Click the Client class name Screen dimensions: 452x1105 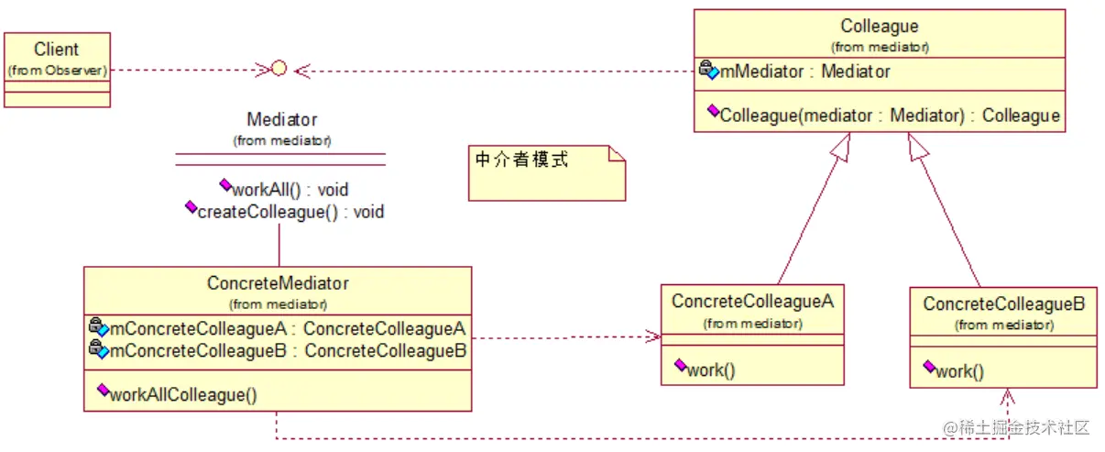pyautogui.click(x=57, y=50)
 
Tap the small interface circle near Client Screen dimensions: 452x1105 pyautogui.click(x=279, y=68)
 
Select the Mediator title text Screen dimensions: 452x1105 pyautogui.click(x=281, y=120)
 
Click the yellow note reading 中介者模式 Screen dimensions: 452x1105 pyautogui.click(x=546, y=171)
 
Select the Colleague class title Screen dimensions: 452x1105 pyautogui.click(x=879, y=27)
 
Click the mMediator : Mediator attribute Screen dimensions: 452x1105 pyautogui.click(x=804, y=72)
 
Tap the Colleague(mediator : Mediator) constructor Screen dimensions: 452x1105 pyautogui.click(x=889, y=116)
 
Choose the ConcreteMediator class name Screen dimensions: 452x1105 pyautogui.click(x=278, y=283)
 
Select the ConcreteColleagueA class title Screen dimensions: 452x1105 pyautogui.click(x=751, y=302)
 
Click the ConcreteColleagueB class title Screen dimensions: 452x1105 pyautogui.click(x=1003, y=303)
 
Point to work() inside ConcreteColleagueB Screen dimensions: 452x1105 pyautogui.click(x=959, y=371)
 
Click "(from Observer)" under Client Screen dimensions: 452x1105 pyautogui.click(x=57, y=70)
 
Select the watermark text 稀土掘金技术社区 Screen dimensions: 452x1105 pyautogui.click(x=1024, y=427)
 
